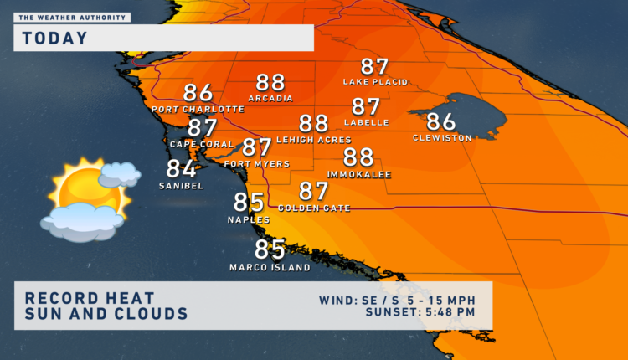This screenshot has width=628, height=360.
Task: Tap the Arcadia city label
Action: coord(270,98)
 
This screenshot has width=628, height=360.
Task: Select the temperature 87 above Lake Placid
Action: coord(375,67)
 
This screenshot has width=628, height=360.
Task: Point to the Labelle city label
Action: coord(366,122)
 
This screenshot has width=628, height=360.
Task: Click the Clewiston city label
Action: coord(442,137)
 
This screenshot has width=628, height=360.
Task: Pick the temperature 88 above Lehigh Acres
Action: coord(313,124)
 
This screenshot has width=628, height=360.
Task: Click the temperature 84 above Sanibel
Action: coord(181,169)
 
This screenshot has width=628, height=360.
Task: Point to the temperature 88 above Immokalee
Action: coord(358,157)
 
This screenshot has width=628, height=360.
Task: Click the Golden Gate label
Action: coord(313,208)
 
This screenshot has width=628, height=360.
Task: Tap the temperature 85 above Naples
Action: coord(249,203)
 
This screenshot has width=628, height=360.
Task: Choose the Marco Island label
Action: coord(270,268)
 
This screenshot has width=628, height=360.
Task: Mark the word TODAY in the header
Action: coord(54,38)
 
